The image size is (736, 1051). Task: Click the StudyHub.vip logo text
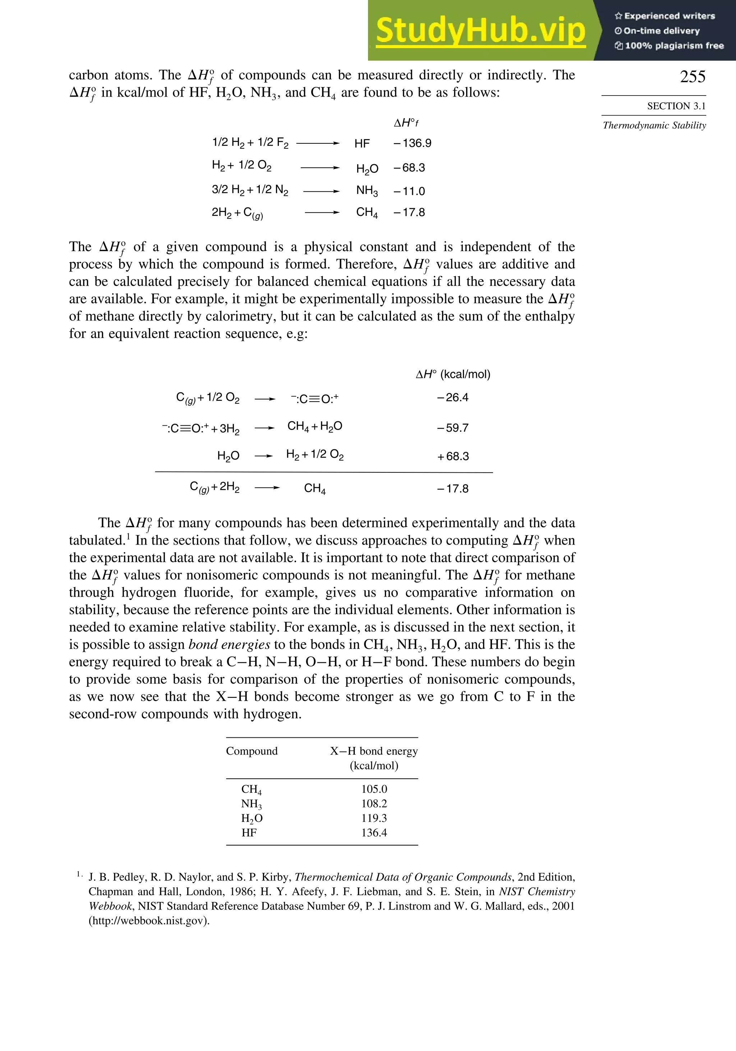click(480, 30)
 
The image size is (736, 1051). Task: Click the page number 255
click(692, 77)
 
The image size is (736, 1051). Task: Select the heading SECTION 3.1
click(676, 106)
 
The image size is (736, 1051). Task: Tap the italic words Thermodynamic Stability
click(654, 125)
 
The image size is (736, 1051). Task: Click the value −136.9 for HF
click(412, 143)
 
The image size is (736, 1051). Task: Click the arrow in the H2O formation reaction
click(320, 167)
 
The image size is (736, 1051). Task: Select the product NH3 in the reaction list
click(367, 190)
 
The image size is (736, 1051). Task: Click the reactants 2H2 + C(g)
click(237, 213)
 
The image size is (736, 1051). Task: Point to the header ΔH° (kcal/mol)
click(452, 374)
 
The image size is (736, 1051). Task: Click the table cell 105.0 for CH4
click(374, 789)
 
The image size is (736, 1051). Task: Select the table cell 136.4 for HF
click(374, 832)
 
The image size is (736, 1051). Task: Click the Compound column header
click(252, 751)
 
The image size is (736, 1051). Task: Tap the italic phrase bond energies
click(229, 644)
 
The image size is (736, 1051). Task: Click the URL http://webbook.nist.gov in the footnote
click(148, 921)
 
